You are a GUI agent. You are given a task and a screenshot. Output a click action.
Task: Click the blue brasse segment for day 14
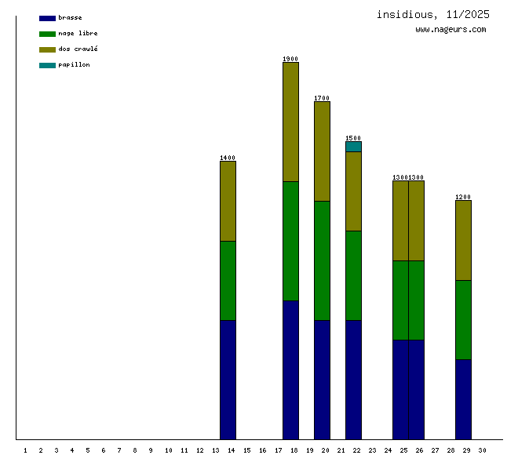228,380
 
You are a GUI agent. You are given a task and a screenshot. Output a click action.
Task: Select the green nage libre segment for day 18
290,241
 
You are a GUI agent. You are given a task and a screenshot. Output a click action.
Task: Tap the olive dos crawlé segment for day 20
322,151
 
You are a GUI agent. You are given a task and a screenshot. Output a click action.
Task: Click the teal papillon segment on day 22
353,147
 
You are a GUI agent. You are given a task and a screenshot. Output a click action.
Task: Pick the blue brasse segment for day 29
463,399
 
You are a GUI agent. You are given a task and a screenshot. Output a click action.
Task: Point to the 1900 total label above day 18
290,59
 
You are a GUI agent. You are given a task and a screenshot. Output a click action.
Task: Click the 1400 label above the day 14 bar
228,158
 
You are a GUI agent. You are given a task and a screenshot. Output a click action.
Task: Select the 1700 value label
322,98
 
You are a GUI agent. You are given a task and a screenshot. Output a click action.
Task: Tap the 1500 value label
353,138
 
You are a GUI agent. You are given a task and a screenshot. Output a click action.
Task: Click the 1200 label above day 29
463,197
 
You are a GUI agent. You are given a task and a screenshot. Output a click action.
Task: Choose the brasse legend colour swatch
47,18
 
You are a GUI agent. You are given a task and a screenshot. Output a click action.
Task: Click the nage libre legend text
78,34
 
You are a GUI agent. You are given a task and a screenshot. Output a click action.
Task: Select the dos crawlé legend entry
78,49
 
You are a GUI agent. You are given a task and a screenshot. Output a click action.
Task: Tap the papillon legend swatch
47,65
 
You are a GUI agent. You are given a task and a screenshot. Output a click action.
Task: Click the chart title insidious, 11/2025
432,14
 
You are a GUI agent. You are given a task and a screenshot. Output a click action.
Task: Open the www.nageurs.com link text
451,30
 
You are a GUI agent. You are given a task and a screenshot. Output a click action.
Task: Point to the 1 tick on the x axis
25,450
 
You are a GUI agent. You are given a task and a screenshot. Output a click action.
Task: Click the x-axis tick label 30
482,450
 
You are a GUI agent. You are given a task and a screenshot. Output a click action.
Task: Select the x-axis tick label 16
262,450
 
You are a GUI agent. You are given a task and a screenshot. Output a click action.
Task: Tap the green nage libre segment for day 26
416,300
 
